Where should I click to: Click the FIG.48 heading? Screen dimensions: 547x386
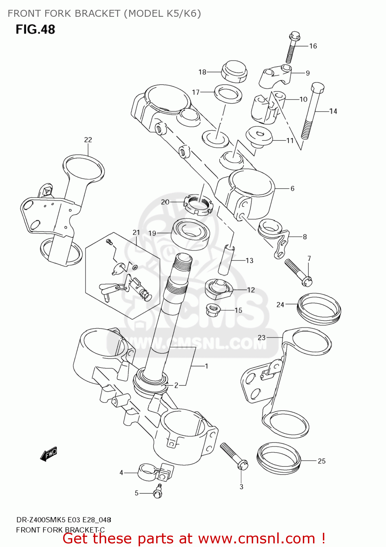point(35,30)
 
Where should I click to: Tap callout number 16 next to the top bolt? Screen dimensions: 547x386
point(313,46)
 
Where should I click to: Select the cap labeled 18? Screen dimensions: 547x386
point(234,71)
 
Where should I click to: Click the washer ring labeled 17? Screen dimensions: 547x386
point(228,94)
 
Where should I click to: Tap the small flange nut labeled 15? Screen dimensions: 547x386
point(213,310)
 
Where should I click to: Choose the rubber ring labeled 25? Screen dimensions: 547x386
point(279,458)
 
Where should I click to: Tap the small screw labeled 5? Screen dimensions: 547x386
point(158,491)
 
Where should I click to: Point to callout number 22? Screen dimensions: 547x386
point(88,140)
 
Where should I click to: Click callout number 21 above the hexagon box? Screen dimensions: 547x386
point(136,232)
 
